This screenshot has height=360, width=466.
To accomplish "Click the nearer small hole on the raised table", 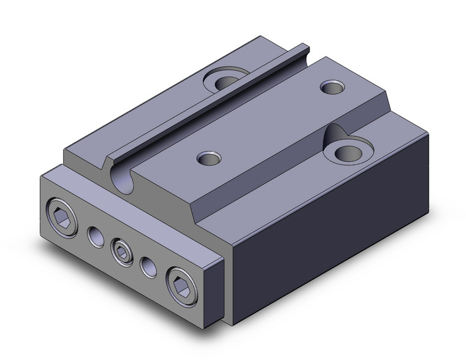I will pos(207,158).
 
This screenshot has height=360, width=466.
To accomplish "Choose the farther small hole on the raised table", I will pos(333,88).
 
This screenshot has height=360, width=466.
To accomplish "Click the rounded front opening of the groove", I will pos(123,178).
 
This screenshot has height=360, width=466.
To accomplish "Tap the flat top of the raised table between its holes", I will pos(270,123).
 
